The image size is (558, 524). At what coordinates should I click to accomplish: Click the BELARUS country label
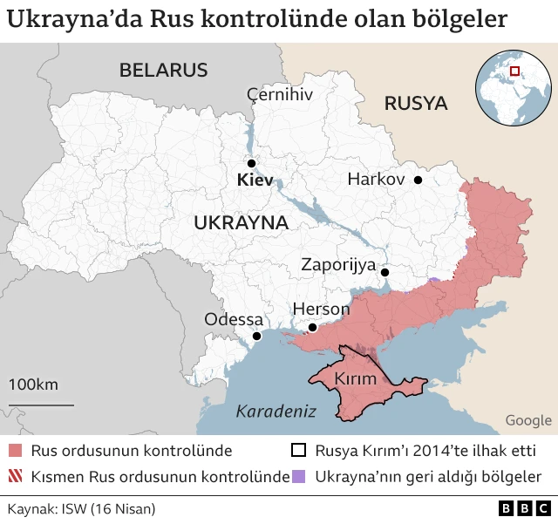163,70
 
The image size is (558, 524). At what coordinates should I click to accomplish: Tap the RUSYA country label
416,104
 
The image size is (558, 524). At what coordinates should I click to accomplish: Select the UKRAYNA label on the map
241,222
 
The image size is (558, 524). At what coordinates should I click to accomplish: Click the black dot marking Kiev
251,163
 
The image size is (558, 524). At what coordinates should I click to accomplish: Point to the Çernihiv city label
279,94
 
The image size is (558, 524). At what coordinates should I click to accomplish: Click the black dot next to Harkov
418,180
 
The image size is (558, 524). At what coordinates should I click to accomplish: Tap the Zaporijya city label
338,264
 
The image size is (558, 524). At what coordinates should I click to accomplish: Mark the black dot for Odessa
256,337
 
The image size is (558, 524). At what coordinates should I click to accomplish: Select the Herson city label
321,309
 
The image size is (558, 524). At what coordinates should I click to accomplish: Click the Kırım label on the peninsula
356,379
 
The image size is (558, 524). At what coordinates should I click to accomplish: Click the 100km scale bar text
34,384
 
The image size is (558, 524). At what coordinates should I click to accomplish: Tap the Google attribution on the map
527,420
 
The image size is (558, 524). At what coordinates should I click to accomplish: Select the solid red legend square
16,451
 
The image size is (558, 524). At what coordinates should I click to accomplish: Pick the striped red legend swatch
16,477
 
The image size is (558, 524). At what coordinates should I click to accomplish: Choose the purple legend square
299,477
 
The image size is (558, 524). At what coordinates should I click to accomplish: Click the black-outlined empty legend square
299,451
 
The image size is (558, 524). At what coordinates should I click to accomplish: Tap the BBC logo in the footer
524,508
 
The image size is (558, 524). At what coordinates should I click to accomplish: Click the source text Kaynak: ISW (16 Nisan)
81,508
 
